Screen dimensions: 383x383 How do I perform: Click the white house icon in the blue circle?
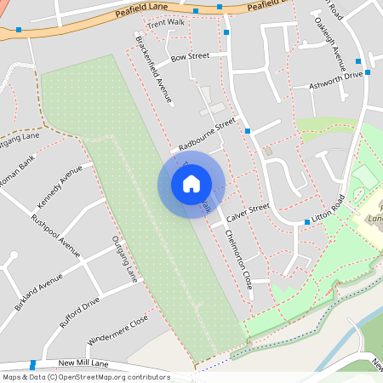[191, 184]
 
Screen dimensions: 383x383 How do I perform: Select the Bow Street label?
[189, 56]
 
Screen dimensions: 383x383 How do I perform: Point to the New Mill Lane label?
[79, 363]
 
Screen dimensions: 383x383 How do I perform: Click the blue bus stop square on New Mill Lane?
[32, 364]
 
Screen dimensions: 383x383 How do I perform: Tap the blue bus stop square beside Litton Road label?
[307, 222]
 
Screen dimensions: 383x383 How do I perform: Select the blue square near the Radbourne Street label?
[247, 131]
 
